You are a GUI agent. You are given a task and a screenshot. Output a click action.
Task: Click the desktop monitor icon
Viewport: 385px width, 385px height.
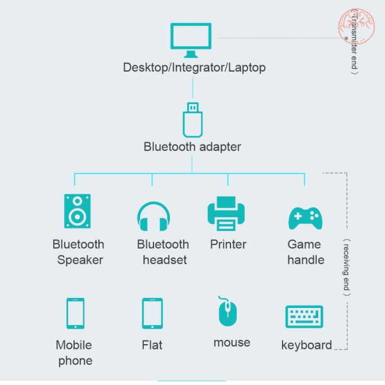click(191, 37)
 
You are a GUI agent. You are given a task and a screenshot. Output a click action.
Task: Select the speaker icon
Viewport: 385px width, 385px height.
click(78, 211)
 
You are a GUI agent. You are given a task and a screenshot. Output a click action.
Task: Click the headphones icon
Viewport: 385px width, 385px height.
click(153, 216)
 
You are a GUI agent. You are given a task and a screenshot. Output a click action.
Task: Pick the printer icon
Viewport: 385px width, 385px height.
click(226, 214)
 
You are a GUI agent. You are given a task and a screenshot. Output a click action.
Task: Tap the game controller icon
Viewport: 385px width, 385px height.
click(305, 217)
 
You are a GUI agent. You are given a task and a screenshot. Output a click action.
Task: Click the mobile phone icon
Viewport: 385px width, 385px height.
click(75, 313)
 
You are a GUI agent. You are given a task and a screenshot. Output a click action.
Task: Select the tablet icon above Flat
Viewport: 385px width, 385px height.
click(152, 313)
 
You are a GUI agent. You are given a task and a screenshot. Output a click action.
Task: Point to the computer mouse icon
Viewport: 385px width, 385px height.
click(227, 312)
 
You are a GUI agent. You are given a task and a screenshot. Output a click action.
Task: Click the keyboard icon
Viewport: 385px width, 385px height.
click(304, 316)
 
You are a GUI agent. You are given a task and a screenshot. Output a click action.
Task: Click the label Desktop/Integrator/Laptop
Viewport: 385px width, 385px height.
click(194, 68)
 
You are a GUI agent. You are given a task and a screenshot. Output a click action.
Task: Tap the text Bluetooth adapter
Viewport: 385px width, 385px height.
click(192, 146)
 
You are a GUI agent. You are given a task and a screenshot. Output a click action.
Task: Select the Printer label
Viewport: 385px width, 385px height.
click(228, 244)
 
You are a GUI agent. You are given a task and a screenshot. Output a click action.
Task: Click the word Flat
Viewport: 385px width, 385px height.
click(152, 345)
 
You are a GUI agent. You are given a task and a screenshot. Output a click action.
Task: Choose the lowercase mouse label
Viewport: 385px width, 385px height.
click(232, 342)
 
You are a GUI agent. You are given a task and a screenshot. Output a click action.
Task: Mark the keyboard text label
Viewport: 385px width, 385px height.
click(306, 345)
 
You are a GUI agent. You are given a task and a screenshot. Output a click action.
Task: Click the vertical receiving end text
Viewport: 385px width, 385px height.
click(347, 267)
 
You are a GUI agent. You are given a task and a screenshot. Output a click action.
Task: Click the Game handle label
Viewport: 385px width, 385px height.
click(306, 252)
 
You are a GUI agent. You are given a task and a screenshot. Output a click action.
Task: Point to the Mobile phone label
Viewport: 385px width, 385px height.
click(75, 352)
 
